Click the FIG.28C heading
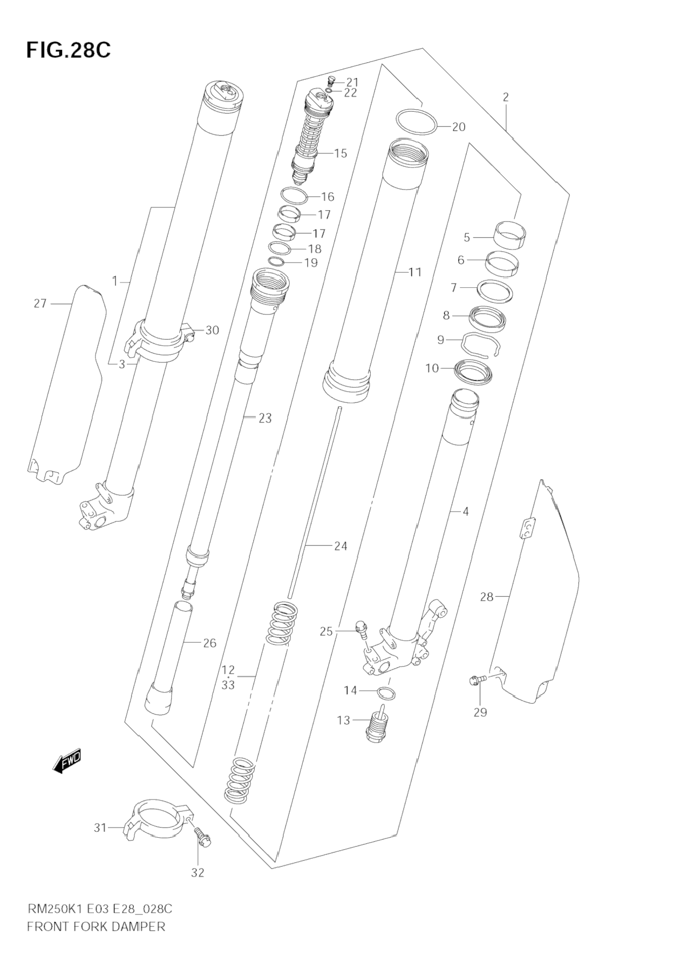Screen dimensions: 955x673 tap(68, 50)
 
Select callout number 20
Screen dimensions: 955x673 tap(458, 127)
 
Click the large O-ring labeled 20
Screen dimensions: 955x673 tap(416, 122)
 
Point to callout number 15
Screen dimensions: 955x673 tap(340, 153)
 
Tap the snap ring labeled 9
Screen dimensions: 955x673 tap(481, 346)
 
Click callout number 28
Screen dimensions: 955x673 tap(487, 596)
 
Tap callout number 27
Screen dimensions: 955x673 tap(40, 304)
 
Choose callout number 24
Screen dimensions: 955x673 tap(341, 546)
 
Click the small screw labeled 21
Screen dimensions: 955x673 tap(331, 82)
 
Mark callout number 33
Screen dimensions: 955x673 tap(228, 685)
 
